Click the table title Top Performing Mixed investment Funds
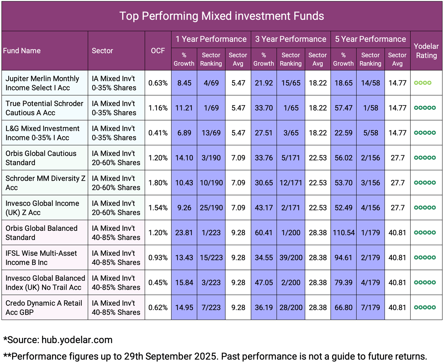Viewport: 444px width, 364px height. (222, 16)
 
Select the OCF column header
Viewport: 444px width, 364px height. (158, 51)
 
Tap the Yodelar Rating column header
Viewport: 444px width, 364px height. (426, 51)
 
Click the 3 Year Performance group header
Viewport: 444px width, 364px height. (291, 39)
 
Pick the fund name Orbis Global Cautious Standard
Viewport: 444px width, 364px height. (41, 158)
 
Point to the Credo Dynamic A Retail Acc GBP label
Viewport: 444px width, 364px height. (44, 307)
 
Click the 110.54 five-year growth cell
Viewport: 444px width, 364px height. (343, 233)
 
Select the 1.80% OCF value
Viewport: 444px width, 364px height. (158, 183)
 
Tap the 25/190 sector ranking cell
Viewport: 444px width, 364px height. (211, 208)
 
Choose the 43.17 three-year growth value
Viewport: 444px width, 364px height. (264, 208)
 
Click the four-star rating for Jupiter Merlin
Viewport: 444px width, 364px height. (423, 83)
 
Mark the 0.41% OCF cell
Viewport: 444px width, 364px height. (158, 133)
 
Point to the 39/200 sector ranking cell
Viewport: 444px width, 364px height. (291, 257)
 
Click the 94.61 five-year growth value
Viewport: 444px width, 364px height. (343, 257)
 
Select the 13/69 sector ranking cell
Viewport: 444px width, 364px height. (211, 133)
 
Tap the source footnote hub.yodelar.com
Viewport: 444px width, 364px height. (77, 340)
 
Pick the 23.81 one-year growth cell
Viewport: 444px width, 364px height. (184, 233)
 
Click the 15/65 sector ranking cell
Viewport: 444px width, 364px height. (291, 83)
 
